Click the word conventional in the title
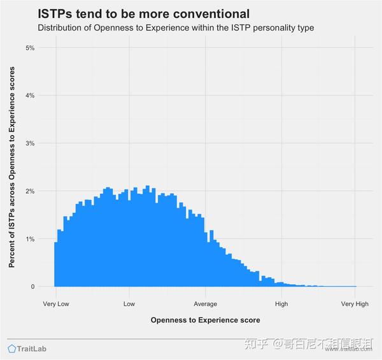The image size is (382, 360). pyautogui.click(x=208, y=13)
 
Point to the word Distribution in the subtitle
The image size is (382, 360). pyautogui.click(x=62, y=28)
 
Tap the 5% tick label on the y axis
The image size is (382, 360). pyautogui.click(x=30, y=48)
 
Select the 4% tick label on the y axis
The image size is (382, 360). pyautogui.click(x=30, y=96)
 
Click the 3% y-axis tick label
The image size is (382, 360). pyautogui.click(x=30, y=143)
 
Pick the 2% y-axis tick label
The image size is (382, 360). pyautogui.click(x=30, y=191)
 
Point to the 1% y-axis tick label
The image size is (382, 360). pyautogui.click(x=30, y=239)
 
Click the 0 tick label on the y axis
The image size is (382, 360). pyautogui.click(x=32, y=287)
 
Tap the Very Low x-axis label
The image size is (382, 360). pyautogui.click(x=56, y=304)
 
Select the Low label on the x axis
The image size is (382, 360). pyautogui.click(x=129, y=304)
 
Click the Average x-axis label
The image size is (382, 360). pyautogui.click(x=205, y=304)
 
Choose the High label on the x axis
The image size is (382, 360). pyautogui.click(x=280, y=304)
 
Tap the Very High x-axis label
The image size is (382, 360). pyautogui.click(x=355, y=304)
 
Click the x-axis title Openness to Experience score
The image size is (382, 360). pyautogui.click(x=205, y=320)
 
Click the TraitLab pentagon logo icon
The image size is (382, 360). pyautogui.click(x=12, y=349)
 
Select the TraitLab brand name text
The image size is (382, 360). pyautogui.click(x=32, y=349)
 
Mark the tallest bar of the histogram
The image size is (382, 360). pyautogui.click(x=147, y=236)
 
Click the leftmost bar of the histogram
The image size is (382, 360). pyautogui.click(x=55, y=264)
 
